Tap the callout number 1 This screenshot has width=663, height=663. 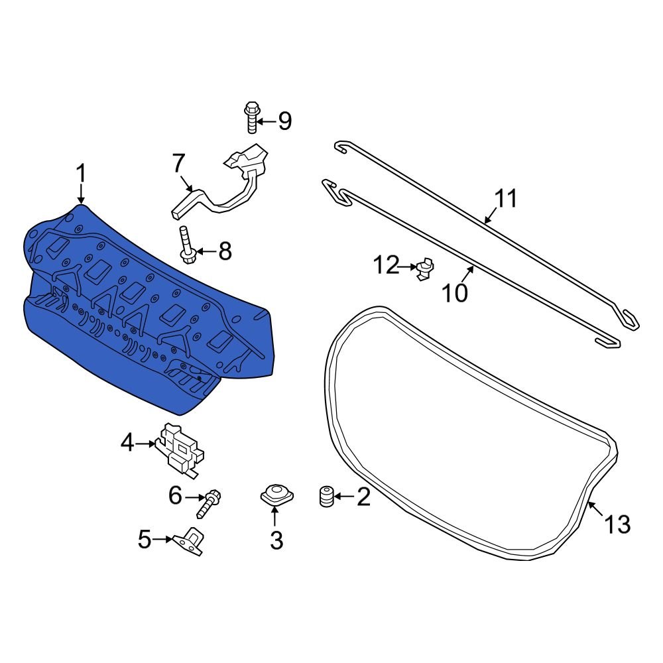pos(81,174)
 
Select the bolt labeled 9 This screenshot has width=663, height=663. pos(251,117)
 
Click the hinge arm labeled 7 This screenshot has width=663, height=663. pos(228,182)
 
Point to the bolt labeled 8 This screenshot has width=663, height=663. pos(186,245)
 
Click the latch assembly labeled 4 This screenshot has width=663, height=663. pos(180,450)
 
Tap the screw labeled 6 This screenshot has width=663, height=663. pos(209,503)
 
